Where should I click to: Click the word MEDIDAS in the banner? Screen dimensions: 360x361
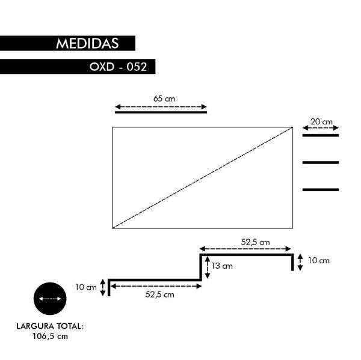click(87, 44)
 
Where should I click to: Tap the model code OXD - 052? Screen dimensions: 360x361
click(119, 67)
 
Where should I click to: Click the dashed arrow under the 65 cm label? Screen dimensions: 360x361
click(161, 106)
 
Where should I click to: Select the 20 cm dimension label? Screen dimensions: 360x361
click(321, 121)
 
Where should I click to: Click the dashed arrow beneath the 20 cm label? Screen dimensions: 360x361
click(321, 128)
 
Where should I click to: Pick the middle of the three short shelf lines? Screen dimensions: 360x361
click(320, 162)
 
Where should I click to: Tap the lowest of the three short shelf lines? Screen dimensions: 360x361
click(320, 190)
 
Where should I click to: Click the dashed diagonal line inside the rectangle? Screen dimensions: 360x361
click(202, 178)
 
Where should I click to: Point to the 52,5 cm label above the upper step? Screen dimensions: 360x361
click(256, 242)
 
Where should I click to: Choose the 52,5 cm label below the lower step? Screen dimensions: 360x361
click(160, 294)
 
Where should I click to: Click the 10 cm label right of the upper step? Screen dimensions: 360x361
click(318, 261)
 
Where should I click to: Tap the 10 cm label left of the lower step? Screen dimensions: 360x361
click(86, 287)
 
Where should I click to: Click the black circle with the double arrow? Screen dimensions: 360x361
click(49, 298)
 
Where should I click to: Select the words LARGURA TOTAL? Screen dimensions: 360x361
click(50, 327)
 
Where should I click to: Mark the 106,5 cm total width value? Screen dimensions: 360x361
click(50, 337)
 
